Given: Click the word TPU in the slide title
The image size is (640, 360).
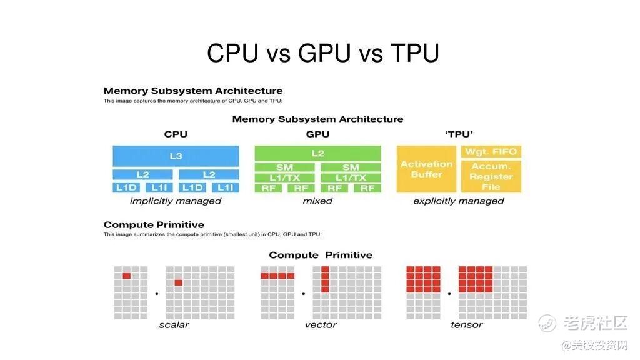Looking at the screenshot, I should tap(414, 53).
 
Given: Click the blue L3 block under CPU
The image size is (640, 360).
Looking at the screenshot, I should tap(176, 156).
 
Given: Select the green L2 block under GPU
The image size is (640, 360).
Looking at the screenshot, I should tap(317, 152).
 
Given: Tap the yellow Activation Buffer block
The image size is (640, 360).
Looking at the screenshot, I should tap(426, 169).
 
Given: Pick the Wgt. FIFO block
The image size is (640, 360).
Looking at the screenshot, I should tap(491, 151).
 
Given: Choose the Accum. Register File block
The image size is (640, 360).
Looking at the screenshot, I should tap(491, 176).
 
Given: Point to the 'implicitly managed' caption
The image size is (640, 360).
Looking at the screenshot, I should tap(176, 201).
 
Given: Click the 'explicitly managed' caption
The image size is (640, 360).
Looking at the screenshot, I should tap(459, 201).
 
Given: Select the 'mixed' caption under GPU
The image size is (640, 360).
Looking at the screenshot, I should tap(317, 201).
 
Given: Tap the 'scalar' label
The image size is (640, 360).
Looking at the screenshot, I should tap(174, 325).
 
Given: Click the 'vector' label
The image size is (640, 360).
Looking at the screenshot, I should tap(321, 325).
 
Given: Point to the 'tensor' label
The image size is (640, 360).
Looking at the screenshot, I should tap(466, 325).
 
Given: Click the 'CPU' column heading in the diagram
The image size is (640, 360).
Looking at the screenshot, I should tap(176, 134).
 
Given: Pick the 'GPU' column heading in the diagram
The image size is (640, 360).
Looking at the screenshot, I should tap(317, 134).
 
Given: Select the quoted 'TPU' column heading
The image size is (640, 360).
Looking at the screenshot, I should tap(459, 134).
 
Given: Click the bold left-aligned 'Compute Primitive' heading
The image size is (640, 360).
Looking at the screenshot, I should tap(154, 225).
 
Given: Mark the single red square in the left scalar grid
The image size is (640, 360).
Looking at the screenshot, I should tap(127, 276).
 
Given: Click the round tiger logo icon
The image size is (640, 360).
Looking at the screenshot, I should tap(547, 323).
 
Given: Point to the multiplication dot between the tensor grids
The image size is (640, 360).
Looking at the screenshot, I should tap(449, 293).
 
